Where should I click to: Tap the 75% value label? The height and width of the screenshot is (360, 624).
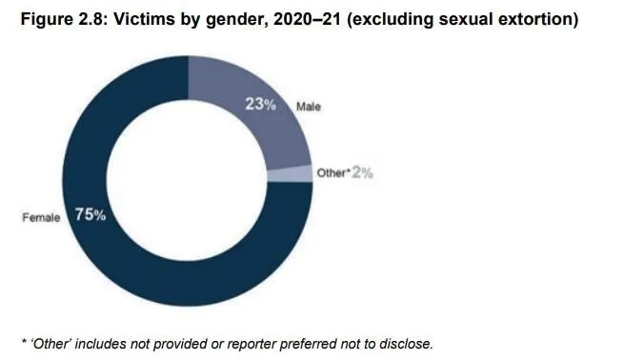pyautogui.click(x=91, y=215)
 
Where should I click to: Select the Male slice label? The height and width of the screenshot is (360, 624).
pyautogui.click(x=307, y=107)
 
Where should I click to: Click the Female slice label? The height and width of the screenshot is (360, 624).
pyautogui.click(x=42, y=217)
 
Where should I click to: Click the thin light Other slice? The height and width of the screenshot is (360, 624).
pyautogui.click(x=301, y=172)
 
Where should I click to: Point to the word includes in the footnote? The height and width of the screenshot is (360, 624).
pyautogui.click(x=100, y=343)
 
